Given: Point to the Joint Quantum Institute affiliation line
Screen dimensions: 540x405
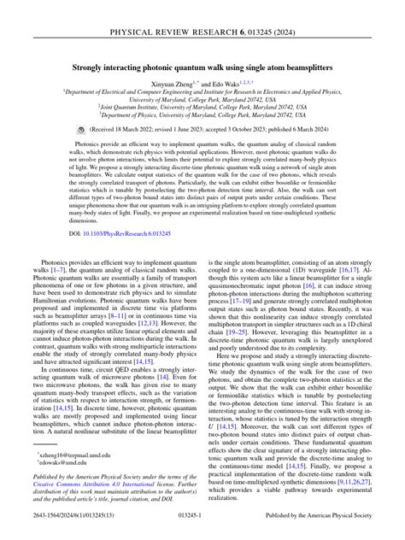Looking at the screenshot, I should (x=202, y=106).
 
